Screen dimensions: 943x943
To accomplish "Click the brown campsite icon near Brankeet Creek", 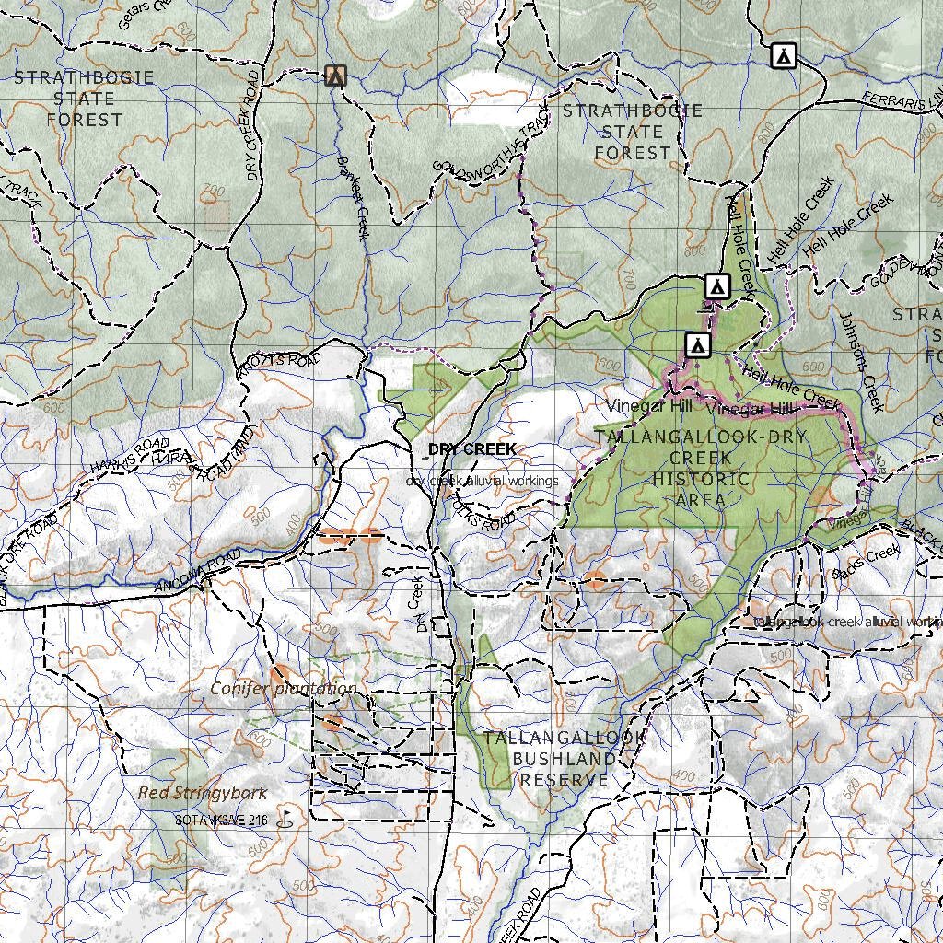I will coord(336,76).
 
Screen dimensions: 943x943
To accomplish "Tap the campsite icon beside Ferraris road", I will coord(783,56).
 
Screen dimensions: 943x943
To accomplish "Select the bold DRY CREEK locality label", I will coord(471,449).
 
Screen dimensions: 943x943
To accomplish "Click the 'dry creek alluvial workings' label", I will coord(483,481).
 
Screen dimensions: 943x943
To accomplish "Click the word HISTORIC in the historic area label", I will coord(701,479).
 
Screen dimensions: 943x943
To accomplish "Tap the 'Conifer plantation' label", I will coord(283,689).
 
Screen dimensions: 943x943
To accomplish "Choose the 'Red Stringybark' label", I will coord(203,793).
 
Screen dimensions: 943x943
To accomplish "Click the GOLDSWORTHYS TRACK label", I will coord(484,147).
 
